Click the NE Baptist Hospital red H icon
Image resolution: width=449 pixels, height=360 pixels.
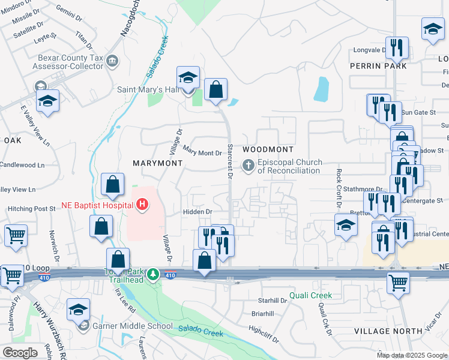click(142, 205)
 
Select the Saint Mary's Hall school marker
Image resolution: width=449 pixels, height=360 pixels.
click(188, 78)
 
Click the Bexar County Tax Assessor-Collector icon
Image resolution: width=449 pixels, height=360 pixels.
click(112, 61)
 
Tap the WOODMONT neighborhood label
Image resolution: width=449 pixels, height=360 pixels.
click(268, 149)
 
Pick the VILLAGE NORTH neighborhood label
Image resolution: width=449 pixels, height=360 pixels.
click(388, 331)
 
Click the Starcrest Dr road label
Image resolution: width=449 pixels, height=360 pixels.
click(229, 161)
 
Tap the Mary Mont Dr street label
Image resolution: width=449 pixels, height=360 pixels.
click(202, 153)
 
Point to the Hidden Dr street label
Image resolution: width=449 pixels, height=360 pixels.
click(197, 212)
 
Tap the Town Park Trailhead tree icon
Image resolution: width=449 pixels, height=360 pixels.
click(154, 275)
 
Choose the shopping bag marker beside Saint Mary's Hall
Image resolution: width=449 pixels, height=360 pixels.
click(215, 90)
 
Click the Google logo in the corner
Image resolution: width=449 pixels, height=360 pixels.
click(20, 353)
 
